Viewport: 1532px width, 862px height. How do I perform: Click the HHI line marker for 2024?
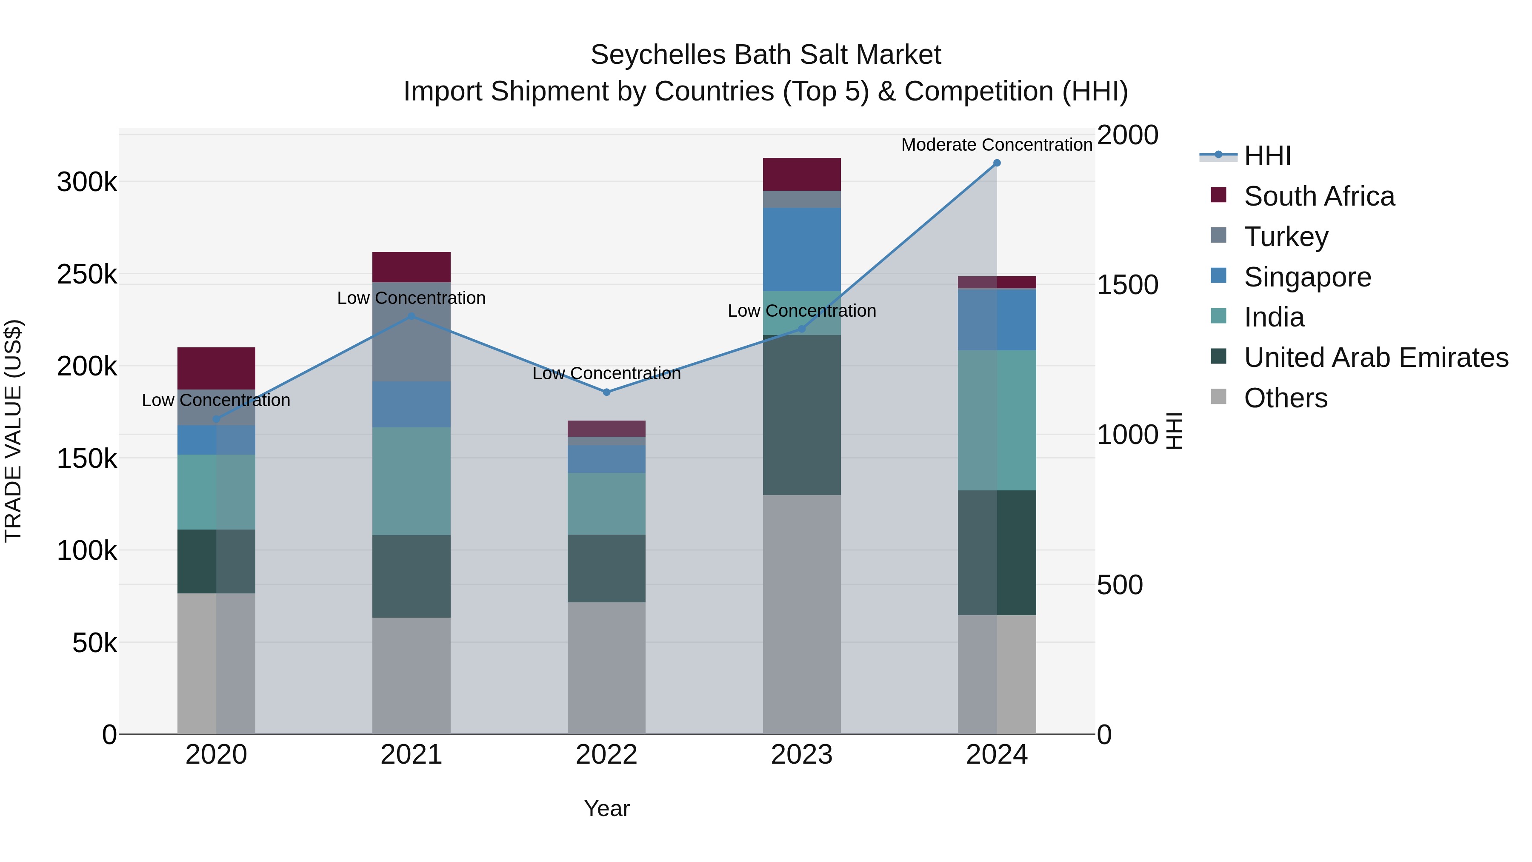(x=997, y=163)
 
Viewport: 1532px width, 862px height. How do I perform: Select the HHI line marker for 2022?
(x=606, y=392)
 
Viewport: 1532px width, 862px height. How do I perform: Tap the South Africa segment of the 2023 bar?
(x=802, y=174)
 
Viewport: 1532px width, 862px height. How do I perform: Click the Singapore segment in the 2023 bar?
(x=802, y=249)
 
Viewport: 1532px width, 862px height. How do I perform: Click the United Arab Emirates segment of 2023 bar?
(x=802, y=415)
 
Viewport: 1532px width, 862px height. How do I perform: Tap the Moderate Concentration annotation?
(x=997, y=145)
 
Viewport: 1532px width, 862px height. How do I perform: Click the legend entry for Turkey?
(x=1285, y=237)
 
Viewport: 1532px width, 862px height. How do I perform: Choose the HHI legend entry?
(x=1267, y=156)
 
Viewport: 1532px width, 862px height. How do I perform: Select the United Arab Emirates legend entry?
(x=1375, y=358)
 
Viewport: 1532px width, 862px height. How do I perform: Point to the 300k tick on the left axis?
(x=87, y=182)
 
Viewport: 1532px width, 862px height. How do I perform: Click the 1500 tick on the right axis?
(x=1127, y=285)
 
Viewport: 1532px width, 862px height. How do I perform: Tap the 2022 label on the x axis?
(x=606, y=755)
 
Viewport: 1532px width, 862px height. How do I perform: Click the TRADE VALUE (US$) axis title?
(x=13, y=431)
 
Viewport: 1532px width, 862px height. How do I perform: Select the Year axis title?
(x=606, y=808)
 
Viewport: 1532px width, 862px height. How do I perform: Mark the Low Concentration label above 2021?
(x=412, y=298)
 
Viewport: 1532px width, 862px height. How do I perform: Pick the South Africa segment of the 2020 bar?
(x=217, y=368)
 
